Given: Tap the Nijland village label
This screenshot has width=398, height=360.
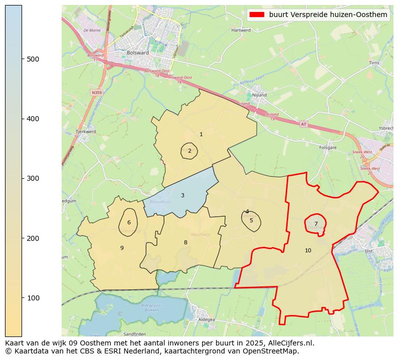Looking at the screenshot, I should click(259, 95).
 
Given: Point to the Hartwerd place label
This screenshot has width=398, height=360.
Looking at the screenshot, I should click(241, 30).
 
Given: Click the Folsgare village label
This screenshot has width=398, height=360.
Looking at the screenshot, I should click(328, 148).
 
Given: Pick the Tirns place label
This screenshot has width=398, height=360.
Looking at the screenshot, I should click(374, 63).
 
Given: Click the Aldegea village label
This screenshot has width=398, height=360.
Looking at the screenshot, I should click(207, 319).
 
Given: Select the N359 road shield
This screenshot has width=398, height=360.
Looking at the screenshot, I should click(97, 93).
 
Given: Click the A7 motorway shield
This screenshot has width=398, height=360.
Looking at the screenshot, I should click(303, 124).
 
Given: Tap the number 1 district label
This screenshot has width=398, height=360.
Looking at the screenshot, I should click(201, 134).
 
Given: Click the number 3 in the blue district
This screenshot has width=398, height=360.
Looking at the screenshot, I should click(182, 195).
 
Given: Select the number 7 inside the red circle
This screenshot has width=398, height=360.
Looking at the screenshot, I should click(316, 224).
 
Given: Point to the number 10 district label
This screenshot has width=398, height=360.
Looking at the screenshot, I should click(308, 250).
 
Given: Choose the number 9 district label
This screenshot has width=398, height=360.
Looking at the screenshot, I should click(122, 248).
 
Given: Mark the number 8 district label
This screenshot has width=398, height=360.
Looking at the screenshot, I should click(185, 242).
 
